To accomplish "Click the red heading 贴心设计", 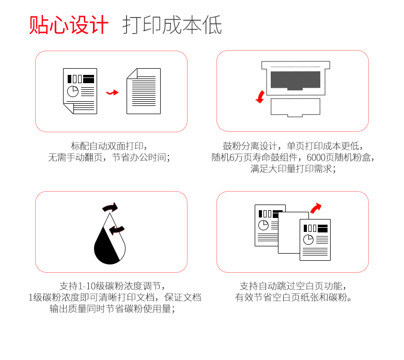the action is point(69,25).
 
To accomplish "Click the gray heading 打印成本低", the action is point(172,25).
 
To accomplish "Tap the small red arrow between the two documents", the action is point(112,92).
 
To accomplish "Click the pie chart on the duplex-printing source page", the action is point(73,91).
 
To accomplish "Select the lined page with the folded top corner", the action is point(144,91).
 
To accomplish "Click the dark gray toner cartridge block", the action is point(296,81).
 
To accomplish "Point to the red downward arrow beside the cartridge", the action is point(260,97).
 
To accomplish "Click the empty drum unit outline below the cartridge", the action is point(296,107).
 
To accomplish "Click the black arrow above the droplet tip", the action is point(110,207).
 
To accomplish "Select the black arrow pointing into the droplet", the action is point(117,230).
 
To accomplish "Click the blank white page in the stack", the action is point(290,232).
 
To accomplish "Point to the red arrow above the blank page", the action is point(316,208).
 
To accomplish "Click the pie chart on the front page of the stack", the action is point(308,240).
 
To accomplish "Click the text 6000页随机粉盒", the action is point(338,158).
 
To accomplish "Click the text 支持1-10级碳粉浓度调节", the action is point(110,286).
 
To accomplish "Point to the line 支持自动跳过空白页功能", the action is point(291,286).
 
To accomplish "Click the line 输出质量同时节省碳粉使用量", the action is point(110,308).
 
